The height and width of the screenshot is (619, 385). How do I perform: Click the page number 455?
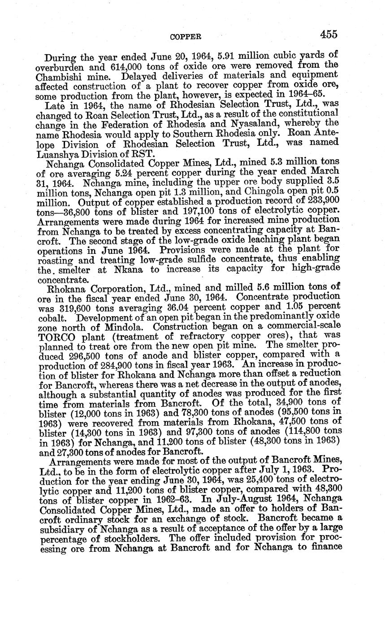(x=328, y=35)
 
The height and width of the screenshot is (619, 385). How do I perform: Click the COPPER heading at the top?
(x=186, y=36)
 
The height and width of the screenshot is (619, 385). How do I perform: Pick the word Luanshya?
(x=59, y=153)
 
